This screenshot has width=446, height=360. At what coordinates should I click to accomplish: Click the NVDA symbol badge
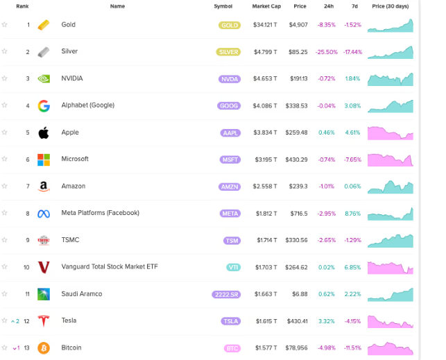coord(229,79)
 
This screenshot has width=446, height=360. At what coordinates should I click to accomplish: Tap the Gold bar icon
coord(44,25)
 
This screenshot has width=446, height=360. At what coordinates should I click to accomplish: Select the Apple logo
coord(44,132)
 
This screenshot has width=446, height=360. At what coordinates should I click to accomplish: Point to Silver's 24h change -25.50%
coord(327,52)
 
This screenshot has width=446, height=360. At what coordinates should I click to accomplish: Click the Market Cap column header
coord(265,6)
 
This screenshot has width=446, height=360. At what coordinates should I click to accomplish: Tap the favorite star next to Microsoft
coord(5,160)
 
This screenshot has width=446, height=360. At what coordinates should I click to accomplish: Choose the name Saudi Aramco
coord(81,294)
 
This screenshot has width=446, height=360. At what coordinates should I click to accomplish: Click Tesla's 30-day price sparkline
coord(391,321)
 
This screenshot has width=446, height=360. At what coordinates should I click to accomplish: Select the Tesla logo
coord(44,321)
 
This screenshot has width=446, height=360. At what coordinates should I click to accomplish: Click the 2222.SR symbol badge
coord(226,294)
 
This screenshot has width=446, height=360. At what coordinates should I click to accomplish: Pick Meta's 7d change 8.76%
coord(352,214)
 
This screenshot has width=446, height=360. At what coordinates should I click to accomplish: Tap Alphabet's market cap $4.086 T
coord(265,106)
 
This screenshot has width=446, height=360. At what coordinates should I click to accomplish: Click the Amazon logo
coord(44,187)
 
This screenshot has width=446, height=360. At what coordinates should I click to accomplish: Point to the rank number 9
coord(28,241)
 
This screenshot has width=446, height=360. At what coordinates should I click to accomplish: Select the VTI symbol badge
coord(232,267)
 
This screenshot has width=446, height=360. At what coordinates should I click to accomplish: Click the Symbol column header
coord(223,6)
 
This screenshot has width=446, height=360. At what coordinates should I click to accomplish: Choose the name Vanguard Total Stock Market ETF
coord(109,267)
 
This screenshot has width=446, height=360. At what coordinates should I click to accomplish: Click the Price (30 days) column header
coord(391,6)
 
